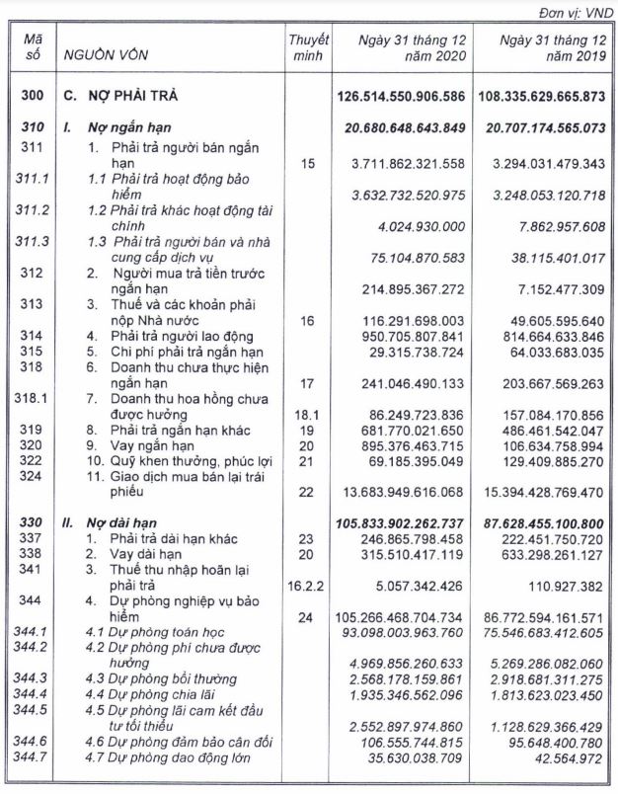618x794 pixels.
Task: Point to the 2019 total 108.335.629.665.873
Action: pos(541,98)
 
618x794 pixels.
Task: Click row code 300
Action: pos(31,98)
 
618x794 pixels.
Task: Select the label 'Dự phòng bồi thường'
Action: pos(172,678)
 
